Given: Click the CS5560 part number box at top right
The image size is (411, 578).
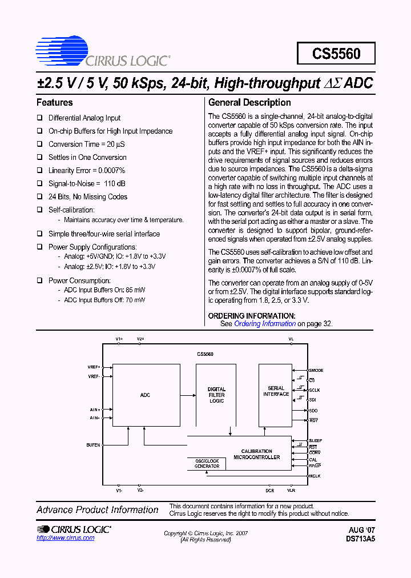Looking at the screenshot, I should (x=336, y=54).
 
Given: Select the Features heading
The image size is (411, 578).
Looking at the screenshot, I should (x=55, y=103).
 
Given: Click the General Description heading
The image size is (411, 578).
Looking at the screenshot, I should (x=249, y=103).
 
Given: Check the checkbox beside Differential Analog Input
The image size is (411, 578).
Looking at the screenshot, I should (x=40, y=118).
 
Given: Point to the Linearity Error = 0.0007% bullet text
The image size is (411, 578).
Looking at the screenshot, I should (x=87, y=170).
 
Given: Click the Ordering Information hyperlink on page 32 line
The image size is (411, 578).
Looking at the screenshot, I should (x=265, y=324).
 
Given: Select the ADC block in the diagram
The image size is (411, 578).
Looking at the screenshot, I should (x=145, y=395).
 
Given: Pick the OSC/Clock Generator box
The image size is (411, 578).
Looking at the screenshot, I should (x=207, y=464).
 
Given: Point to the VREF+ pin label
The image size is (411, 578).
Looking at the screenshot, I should (x=94, y=367).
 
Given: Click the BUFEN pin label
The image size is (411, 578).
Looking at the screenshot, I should (x=93, y=445).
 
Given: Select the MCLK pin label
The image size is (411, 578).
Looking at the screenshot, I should (x=315, y=476).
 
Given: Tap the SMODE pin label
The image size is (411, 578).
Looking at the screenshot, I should (x=316, y=371).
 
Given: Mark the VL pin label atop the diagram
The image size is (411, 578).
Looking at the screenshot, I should (x=291, y=339).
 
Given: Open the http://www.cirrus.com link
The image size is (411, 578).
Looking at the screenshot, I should (x=65, y=539).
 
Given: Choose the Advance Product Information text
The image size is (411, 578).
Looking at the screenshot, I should (x=98, y=510).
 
